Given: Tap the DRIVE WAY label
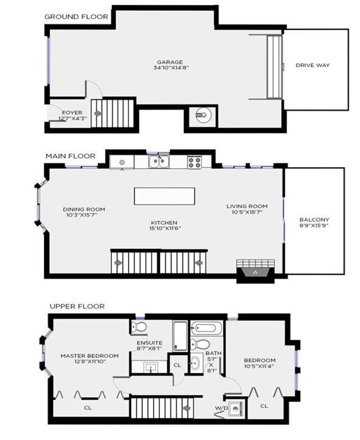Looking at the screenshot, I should [313, 65].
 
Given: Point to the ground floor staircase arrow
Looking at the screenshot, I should [99, 113].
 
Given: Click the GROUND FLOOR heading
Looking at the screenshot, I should [76, 16].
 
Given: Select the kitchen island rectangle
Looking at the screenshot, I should [165, 196].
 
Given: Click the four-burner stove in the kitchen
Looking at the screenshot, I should [195, 163].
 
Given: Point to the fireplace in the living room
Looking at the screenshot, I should [255, 272].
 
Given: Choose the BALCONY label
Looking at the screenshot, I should [314, 219].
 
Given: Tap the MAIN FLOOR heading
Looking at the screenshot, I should [70, 156].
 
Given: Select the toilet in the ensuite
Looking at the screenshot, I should [139, 327].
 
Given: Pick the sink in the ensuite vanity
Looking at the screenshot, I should [151, 367].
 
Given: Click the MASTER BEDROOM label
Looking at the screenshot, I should [89, 356].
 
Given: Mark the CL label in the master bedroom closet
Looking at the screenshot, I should [87, 407].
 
